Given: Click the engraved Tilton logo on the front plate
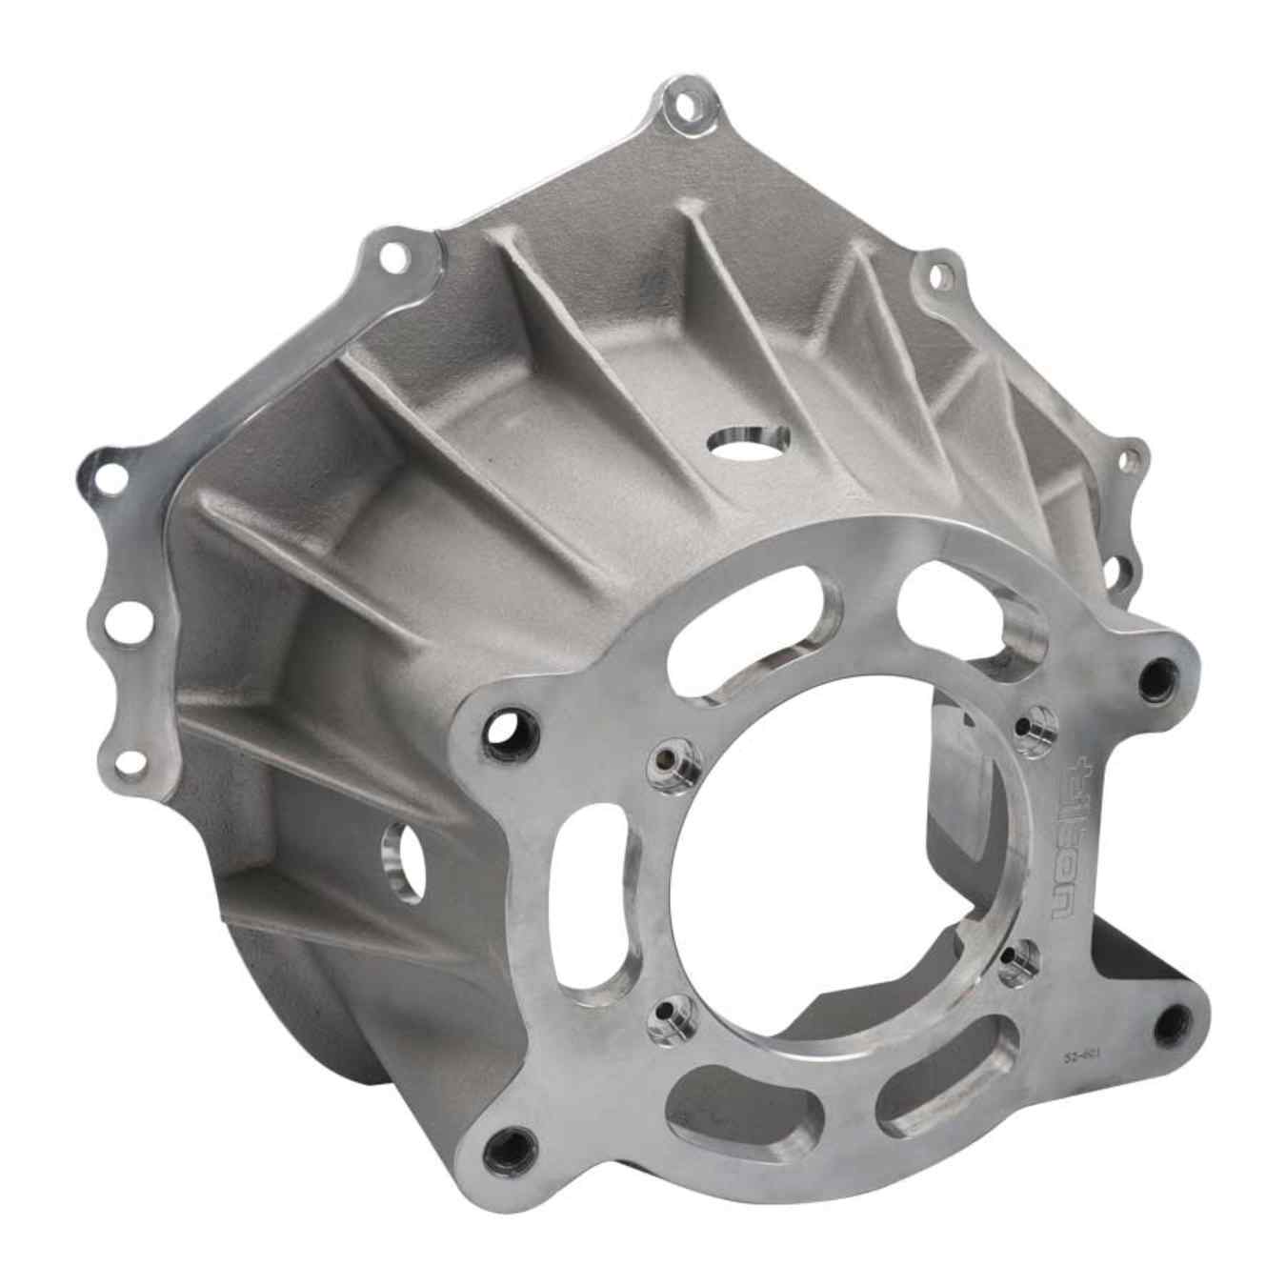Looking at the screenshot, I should (1071, 838).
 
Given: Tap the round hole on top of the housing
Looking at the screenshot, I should (750, 441).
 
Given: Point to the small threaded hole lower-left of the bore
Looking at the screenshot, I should (664, 1019).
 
